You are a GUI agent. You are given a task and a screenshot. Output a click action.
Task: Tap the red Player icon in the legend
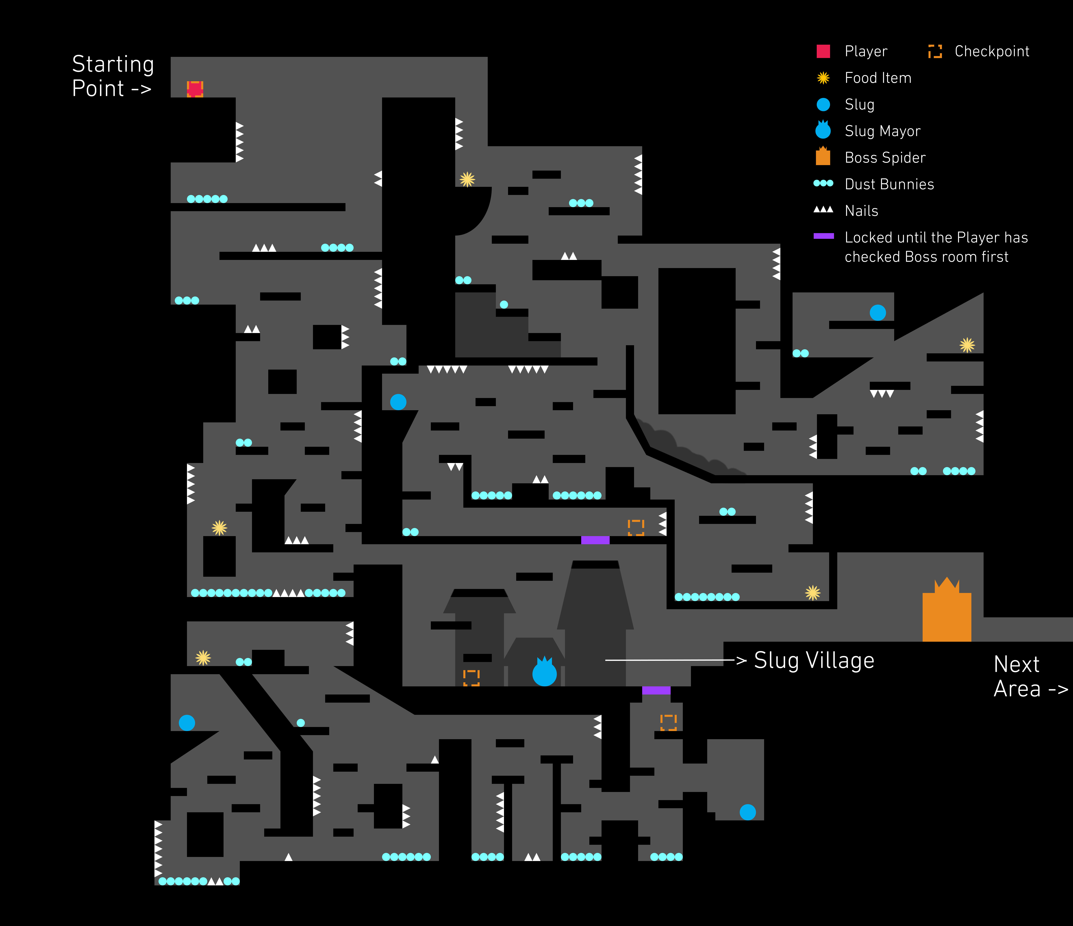point(823,51)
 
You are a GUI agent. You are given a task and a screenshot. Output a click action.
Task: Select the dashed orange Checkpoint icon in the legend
point(935,51)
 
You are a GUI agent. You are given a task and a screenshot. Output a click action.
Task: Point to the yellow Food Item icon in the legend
point(823,78)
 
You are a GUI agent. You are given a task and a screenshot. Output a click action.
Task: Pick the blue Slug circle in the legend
point(823,105)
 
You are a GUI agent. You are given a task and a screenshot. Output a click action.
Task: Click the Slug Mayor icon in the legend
point(823,130)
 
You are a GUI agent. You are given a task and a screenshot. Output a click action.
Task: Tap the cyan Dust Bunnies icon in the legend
point(823,183)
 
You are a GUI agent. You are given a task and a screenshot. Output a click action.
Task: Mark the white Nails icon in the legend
point(823,210)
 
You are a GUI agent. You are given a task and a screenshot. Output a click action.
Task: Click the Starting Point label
point(113,76)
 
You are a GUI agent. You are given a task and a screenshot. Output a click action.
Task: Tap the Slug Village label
point(813,660)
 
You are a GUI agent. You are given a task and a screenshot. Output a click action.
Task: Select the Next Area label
point(1030,676)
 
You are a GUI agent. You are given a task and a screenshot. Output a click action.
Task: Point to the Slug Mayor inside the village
point(544,673)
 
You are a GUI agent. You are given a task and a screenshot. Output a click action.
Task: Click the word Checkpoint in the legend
point(991,51)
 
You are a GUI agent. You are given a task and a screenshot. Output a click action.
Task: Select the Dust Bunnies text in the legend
point(889,184)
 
